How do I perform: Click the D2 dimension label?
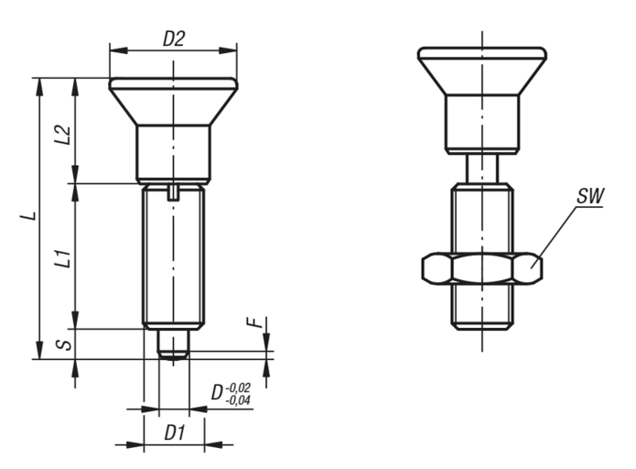(x=174, y=39)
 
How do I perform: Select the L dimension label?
(x=28, y=216)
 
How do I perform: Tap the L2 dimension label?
(x=63, y=136)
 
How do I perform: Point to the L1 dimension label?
(x=63, y=258)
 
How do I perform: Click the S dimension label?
(x=64, y=344)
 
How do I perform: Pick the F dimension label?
(x=253, y=322)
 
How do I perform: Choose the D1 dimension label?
(x=175, y=433)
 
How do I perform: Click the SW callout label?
(x=590, y=197)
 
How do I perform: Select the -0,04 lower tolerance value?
(x=238, y=400)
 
